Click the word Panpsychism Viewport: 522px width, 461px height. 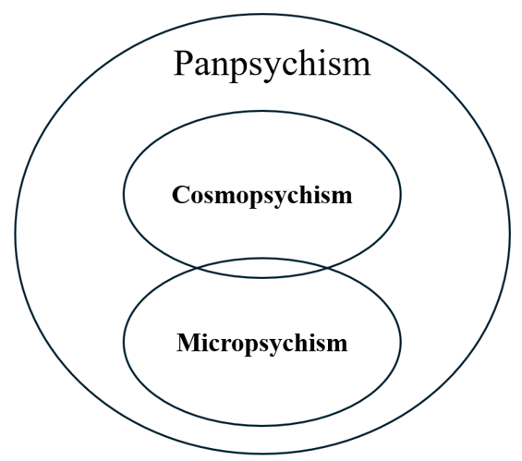tap(272, 64)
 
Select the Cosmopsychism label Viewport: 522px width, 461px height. tap(261, 196)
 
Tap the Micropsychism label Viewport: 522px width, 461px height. tap(261, 344)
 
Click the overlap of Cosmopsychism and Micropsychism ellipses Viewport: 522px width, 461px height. tap(262, 269)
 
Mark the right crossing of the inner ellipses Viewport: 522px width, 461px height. tap(326, 267)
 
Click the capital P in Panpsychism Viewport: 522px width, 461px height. tap(184, 63)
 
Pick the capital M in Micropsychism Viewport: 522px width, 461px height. tap(187, 343)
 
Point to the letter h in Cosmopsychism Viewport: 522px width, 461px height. tap(306, 195)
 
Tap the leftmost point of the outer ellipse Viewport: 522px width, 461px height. tap(16, 231)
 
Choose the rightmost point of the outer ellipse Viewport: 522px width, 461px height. tap(509, 231)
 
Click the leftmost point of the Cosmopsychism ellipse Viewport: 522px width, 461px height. tap(124, 195)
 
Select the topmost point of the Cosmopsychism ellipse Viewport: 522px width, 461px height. tap(262, 113)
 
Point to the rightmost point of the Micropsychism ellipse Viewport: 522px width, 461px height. tap(401, 342)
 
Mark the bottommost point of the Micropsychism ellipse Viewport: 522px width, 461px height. tap(262, 426)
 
